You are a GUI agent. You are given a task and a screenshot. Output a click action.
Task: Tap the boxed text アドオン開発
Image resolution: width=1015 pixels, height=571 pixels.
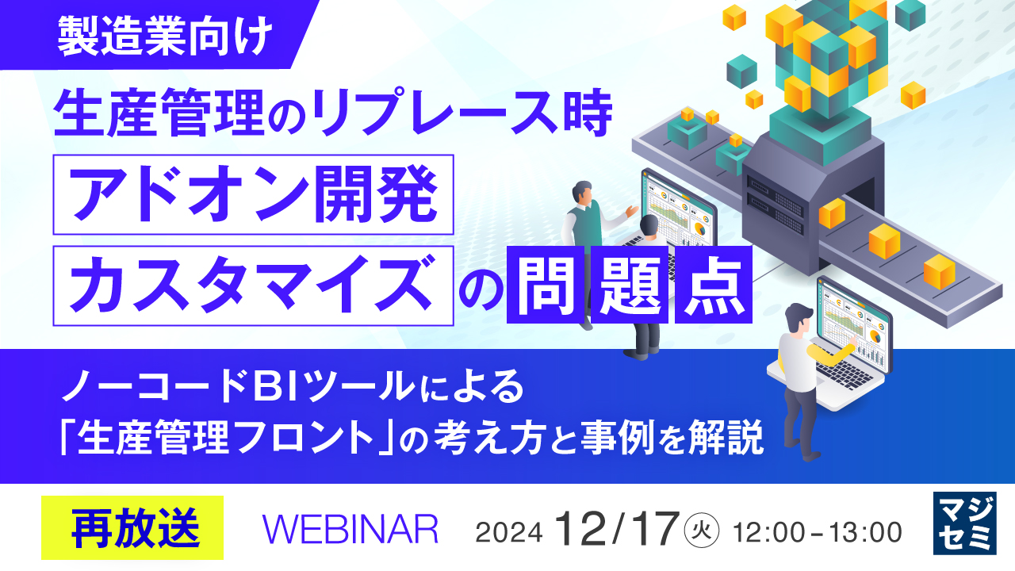click(254, 194)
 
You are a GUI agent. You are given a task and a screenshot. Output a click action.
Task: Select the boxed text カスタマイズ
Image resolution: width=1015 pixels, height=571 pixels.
click(254, 285)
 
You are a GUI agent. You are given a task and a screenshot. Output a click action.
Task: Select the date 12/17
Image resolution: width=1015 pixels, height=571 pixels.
click(617, 528)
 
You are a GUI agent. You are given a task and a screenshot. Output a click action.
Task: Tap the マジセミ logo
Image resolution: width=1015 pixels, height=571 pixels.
click(963, 523)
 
